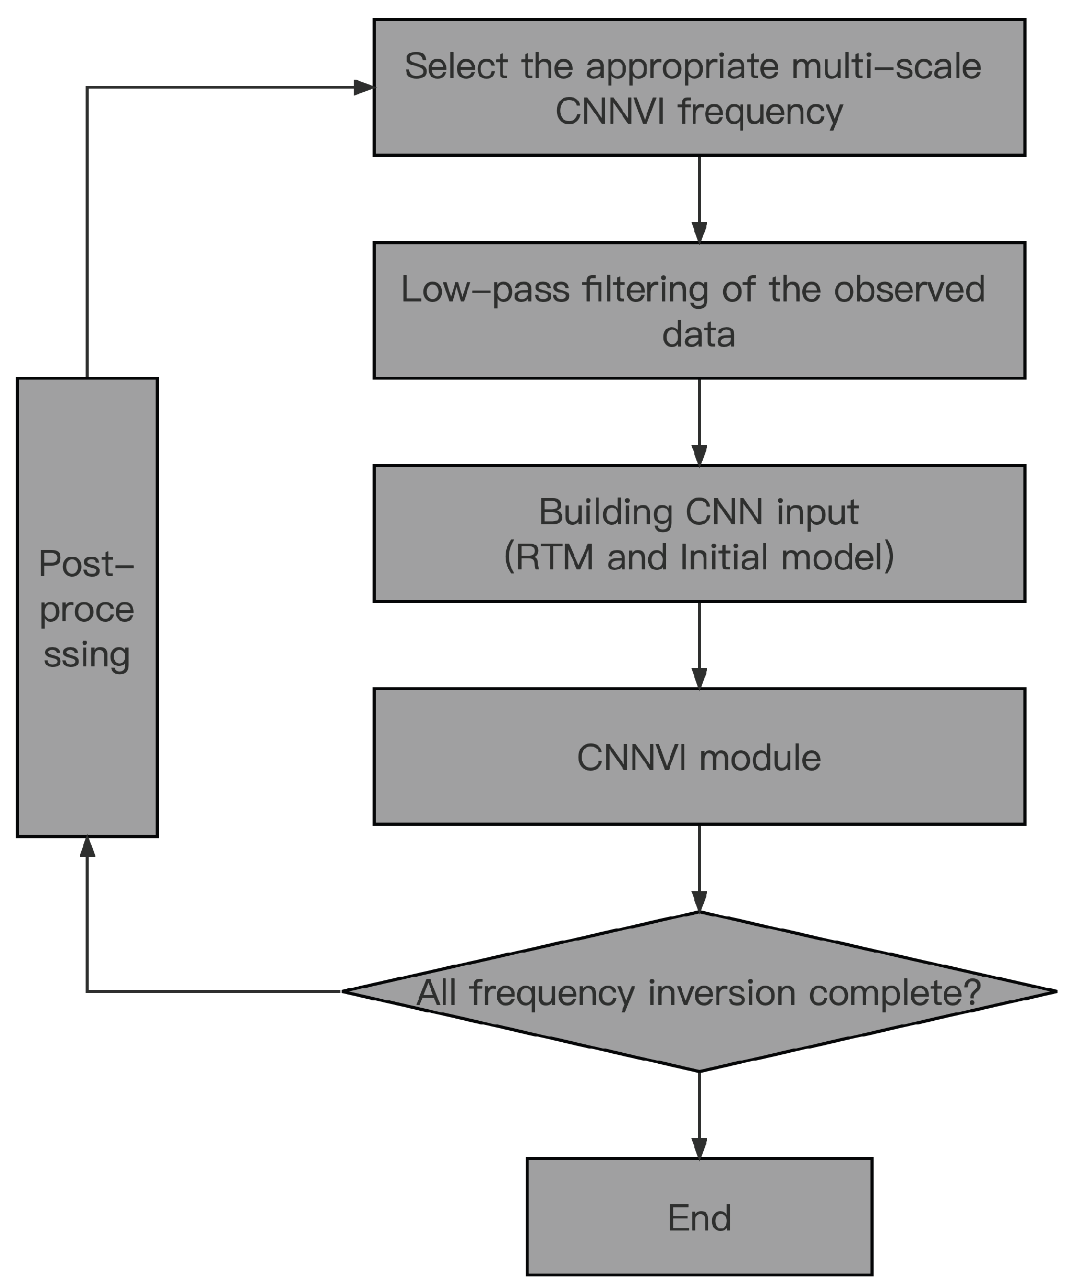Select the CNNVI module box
[699, 758]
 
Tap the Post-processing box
[87, 608]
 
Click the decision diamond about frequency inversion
[699, 992]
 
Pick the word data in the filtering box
[699, 334]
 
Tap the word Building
[605, 512]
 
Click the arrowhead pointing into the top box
[363, 88]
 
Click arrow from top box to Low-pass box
[699, 199]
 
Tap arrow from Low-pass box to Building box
[699, 422]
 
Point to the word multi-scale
[886, 66]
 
